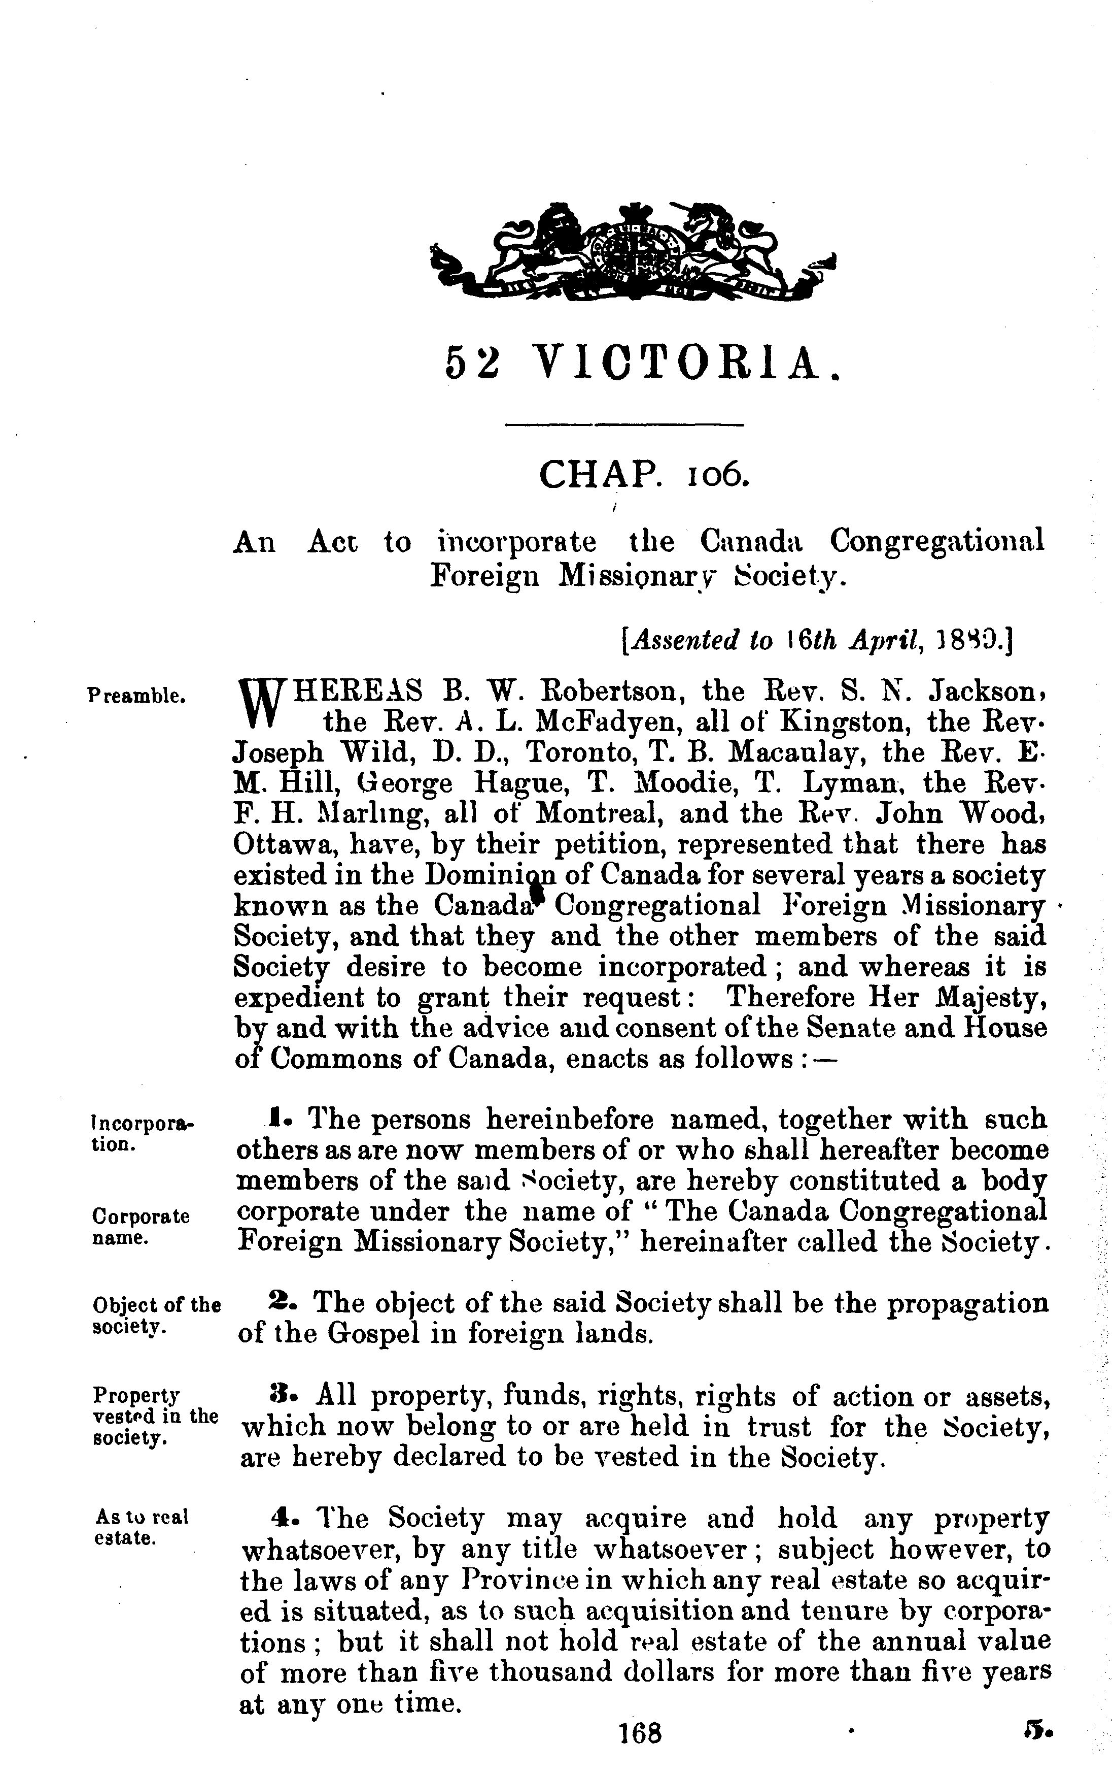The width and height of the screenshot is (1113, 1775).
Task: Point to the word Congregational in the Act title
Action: coord(936,542)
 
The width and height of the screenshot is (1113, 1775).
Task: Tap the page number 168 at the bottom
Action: coord(640,1753)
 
